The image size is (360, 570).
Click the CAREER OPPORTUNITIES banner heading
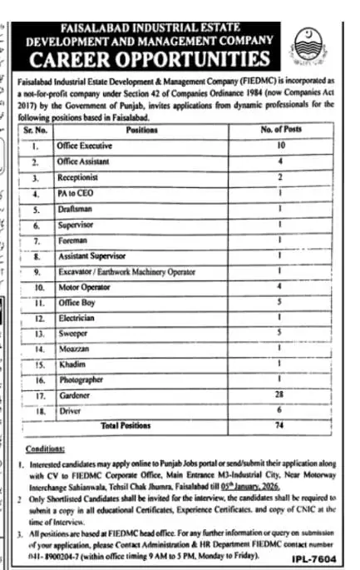tap(150, 60)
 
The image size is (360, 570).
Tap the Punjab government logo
tap(310, 42)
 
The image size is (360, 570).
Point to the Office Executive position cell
tap(84, 145)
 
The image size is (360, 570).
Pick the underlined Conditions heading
tap(38, 445)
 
